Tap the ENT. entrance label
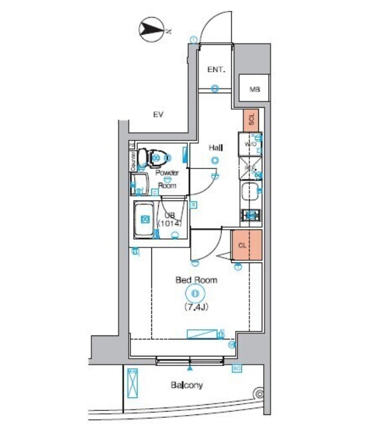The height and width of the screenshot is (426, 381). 217,70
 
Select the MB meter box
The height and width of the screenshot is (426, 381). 254,89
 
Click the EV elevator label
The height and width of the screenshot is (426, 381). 158,114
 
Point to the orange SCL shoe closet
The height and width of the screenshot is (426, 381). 251,120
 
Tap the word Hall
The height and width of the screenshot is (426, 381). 216,147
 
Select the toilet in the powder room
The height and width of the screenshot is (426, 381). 151,159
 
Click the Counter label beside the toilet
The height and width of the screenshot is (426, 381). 134,160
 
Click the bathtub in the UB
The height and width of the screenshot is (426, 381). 145,219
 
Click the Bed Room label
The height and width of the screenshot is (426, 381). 196,280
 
